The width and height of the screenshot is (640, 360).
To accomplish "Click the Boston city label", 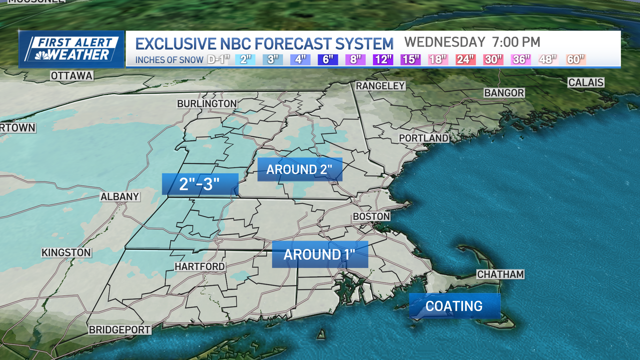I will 371,217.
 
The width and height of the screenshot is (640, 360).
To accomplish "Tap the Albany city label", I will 120,197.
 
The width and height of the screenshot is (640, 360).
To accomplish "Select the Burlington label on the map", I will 207,104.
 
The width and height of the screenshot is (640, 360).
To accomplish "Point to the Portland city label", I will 423,138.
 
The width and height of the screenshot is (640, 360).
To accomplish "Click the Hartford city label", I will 200,267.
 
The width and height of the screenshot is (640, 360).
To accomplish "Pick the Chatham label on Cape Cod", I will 500,274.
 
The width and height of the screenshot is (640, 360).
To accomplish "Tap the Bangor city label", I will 504,93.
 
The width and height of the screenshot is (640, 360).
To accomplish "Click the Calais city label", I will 586,82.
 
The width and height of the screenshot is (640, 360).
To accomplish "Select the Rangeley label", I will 380,86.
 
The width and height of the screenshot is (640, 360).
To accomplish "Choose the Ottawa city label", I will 71,76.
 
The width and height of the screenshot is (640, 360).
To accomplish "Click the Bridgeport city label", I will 119,330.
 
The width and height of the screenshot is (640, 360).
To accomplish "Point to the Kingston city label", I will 66,253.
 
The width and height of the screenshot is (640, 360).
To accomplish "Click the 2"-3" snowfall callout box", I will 200,184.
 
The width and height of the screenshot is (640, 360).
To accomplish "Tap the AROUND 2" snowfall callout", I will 299,169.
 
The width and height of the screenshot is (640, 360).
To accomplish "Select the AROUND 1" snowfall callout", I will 320,254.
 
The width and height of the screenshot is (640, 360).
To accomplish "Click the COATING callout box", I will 454,306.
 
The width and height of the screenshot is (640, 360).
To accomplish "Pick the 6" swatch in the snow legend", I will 328,60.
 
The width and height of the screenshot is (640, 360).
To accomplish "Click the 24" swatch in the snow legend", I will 465,60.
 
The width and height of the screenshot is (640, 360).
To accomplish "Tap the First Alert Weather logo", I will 71,49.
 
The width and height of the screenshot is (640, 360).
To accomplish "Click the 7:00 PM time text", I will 516,42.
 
